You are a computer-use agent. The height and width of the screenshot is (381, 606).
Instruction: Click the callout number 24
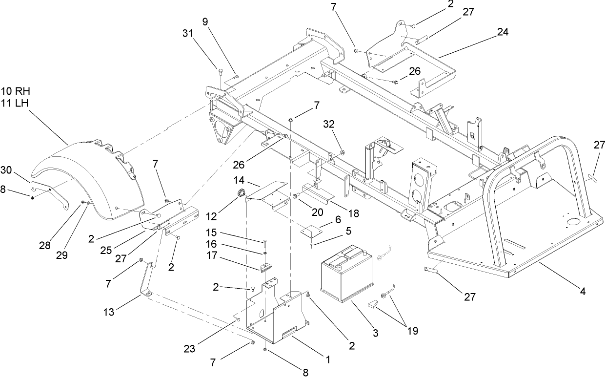point(503,32)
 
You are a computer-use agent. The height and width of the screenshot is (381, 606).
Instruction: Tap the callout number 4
point(583,292)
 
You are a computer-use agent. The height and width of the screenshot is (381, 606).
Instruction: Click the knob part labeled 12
point(240,193)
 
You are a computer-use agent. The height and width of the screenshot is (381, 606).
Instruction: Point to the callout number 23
point(189,349)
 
